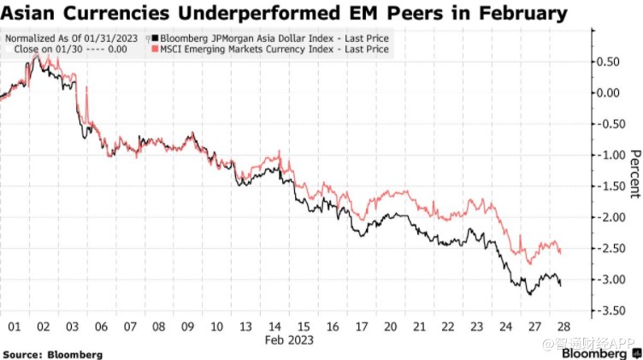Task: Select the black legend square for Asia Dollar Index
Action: (x=155, y=38)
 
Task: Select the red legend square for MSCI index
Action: (x=155, y=50)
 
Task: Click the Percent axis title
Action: (x=634, y=174)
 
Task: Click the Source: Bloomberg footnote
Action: (x=53, y=353)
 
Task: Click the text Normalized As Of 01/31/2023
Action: (x=73, y=38)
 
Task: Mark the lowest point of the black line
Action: (x=529, y=294)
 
